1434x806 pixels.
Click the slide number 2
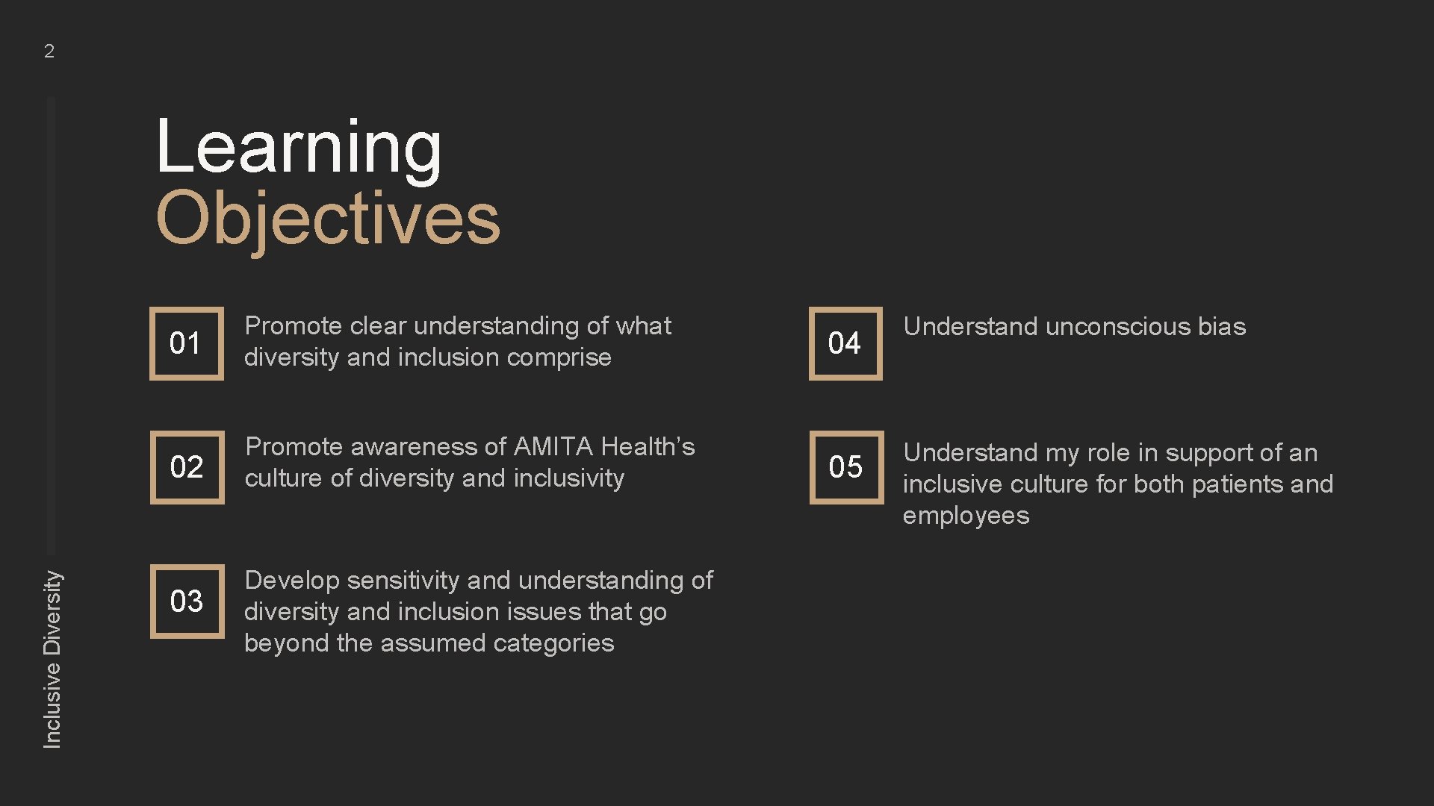pos(49,51)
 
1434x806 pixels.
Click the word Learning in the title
pos(299,147)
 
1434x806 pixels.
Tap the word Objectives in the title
pos(328,218)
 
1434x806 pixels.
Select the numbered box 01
pos(186,343)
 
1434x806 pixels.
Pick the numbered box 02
pos(187,467)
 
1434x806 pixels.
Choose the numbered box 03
pos(187,602)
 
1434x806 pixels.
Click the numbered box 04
pos(845,343)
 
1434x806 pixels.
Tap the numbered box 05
pos(845,467)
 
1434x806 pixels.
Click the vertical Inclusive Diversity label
pos(52,659)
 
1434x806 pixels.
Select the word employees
pos(966,516)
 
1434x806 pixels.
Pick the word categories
pos(553,643)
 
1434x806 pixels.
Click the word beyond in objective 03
pos(287,643)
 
